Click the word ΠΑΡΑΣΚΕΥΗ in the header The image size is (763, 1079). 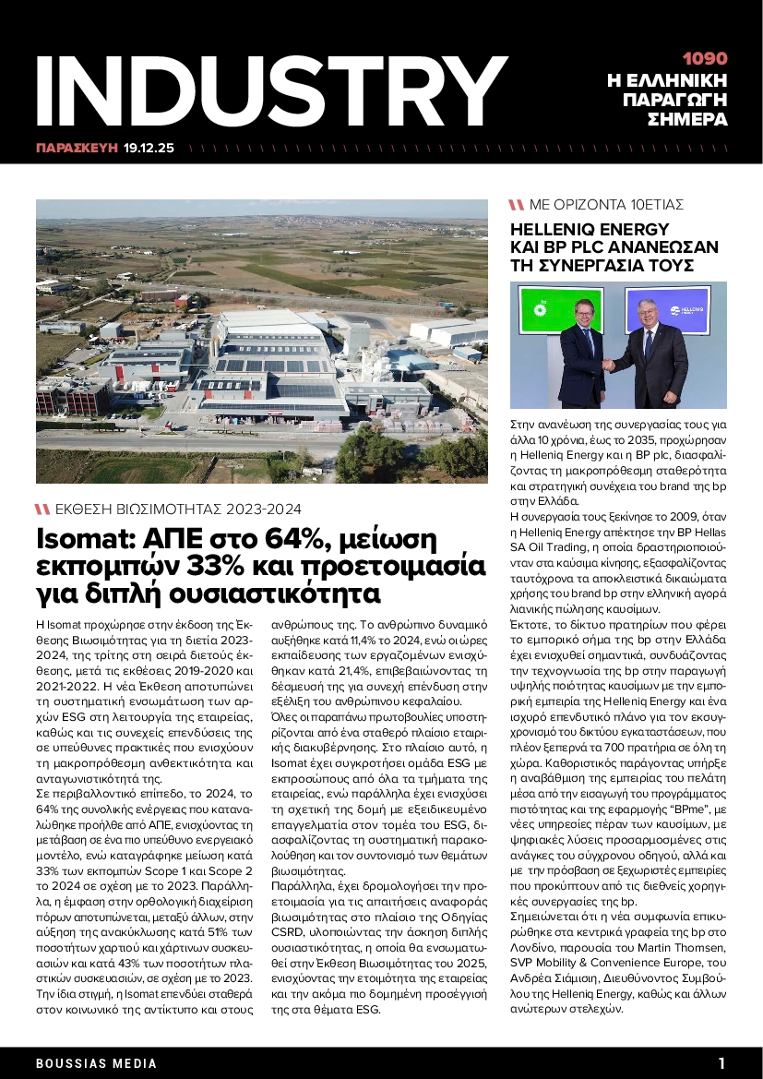(77, 147)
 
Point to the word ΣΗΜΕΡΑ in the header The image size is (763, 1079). (687, 119)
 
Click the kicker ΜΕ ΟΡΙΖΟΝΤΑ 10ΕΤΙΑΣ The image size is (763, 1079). (606, 205)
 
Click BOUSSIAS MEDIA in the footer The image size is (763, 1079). (97, 1063)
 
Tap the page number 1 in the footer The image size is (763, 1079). (722, 1062)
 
